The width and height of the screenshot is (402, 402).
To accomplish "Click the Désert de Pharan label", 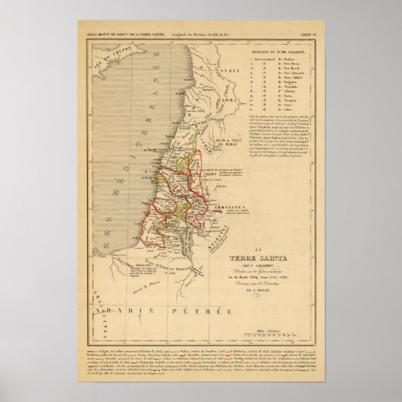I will [x=152, y=283].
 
